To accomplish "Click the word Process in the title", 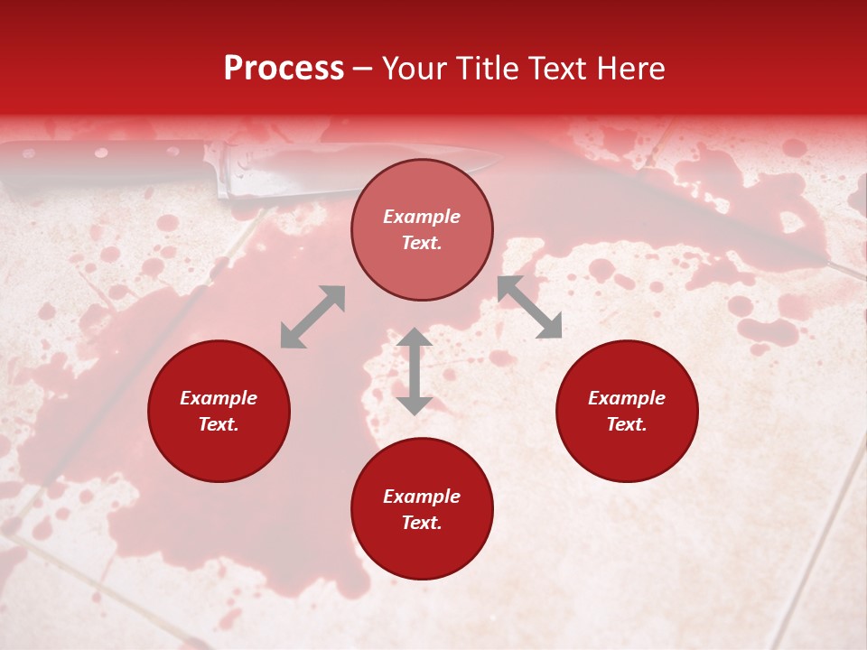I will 284,69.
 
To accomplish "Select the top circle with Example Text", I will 422,229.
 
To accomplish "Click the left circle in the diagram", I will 219,411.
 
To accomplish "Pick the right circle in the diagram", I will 627,411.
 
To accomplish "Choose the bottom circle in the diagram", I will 422,509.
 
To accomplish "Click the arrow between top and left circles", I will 312,317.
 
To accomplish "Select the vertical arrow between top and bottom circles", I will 415,371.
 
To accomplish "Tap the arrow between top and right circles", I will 530,307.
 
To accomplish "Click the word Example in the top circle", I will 422,217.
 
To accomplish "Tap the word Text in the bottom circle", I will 422,523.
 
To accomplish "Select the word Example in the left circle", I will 219,398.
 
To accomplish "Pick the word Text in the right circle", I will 627,424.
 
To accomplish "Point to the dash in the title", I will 363,70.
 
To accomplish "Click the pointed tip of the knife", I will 499,160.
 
